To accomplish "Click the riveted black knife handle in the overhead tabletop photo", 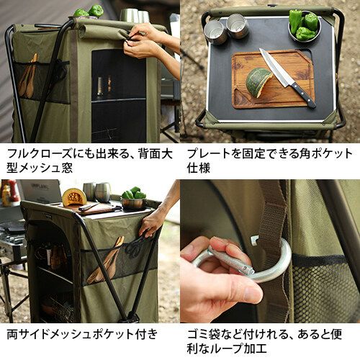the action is click(x=304, y=96).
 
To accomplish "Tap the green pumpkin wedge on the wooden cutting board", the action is click(x=259, y=82).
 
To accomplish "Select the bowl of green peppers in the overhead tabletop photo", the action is click(x=305, y=26).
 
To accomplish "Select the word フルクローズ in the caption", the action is click(x=39, y=153).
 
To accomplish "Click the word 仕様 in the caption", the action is click(x=199, y=168).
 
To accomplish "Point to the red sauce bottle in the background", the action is click(x=13, y=191).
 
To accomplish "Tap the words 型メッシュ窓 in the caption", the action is click(x=40, y=168).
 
